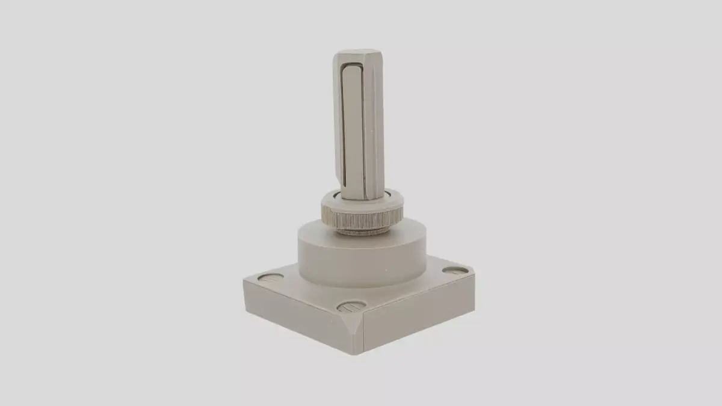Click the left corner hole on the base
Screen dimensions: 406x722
coord(270,277)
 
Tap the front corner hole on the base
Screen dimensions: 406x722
coord(351,307)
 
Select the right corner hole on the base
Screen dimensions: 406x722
coord(455,271)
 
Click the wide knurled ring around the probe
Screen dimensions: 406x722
coord(363,213)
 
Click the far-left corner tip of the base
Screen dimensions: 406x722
coord(244,280)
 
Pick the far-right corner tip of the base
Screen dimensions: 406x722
coord(474,274)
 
